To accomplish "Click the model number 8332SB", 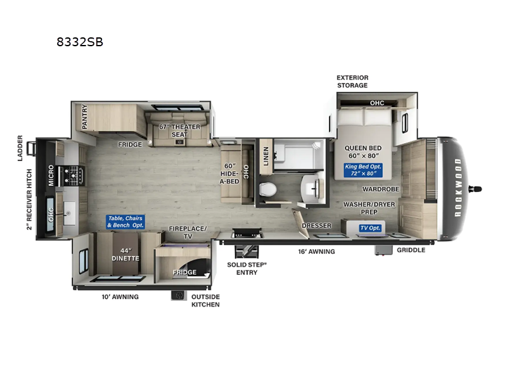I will (80, 42).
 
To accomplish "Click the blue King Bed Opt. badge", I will (362, 170).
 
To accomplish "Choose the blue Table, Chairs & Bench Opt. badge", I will (125, 221).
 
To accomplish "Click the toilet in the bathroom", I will (267, 188).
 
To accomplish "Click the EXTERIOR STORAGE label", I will (352, 82).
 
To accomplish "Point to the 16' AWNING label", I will (318, 251).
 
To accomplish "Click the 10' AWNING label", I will (120, 296).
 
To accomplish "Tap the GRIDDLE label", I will (411, 250).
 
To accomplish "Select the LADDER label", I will (21, 147).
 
